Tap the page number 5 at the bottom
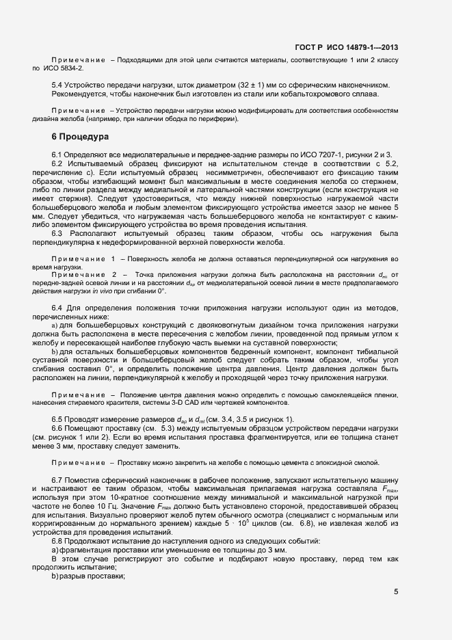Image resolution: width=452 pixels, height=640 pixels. coord(396,593)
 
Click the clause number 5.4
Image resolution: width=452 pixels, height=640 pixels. coord(58,85)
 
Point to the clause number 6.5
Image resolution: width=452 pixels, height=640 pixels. coord(58,418)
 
